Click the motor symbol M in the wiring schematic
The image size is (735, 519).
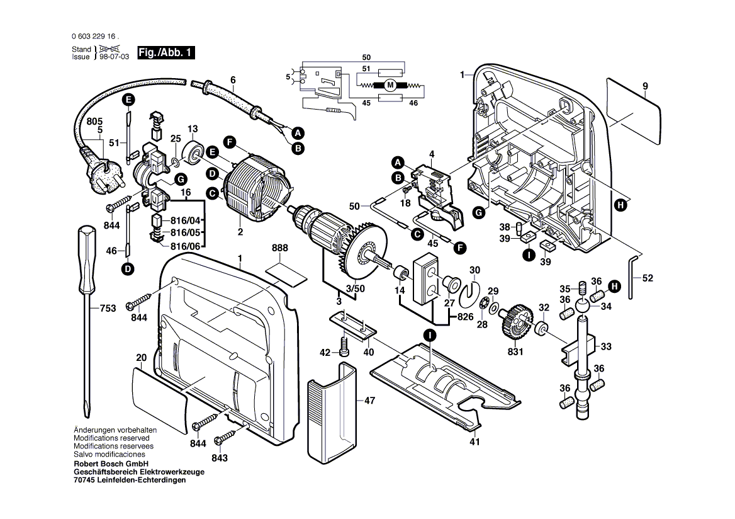coord(390,85)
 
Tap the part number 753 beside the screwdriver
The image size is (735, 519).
coord(108,309)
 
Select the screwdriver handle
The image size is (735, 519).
coord(86,246)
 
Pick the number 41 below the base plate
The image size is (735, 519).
coord(474,442)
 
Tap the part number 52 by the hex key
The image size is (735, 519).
coord(648,278)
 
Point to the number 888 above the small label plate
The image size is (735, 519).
coord(281,249)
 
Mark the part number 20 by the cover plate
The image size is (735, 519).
coord(141,358)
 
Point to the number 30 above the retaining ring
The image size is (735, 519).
coord(475,270)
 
